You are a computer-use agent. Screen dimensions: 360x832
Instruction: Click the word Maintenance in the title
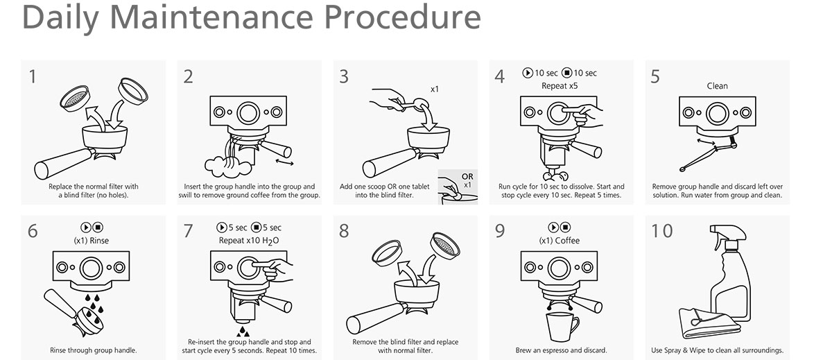216,18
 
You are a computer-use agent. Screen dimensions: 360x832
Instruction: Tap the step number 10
662,230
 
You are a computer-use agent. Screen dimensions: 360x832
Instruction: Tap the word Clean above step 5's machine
717,86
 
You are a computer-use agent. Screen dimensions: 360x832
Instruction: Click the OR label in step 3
467,177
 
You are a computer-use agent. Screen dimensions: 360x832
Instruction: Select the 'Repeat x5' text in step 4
560,86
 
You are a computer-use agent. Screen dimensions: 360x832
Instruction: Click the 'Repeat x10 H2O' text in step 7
248,241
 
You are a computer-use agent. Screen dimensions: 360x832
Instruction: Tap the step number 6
33,230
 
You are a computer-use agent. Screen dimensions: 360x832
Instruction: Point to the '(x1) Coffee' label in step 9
559,241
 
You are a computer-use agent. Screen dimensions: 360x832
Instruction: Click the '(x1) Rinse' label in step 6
92,241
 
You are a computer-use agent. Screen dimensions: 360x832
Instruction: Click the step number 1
33,76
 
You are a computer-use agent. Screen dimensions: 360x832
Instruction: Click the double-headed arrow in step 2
281,162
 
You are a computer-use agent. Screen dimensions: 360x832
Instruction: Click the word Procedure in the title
403,18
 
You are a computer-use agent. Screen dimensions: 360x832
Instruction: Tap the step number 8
344,230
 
